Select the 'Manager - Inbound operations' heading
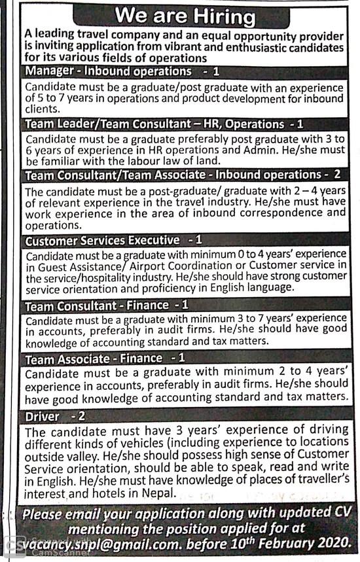[x=108, y=71]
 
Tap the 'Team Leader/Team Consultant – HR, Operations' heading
[x=154, y=124]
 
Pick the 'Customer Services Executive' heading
[x=101, y=240]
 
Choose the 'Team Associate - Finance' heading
[x=94, y=358]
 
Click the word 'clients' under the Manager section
[x=41, y=109]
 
